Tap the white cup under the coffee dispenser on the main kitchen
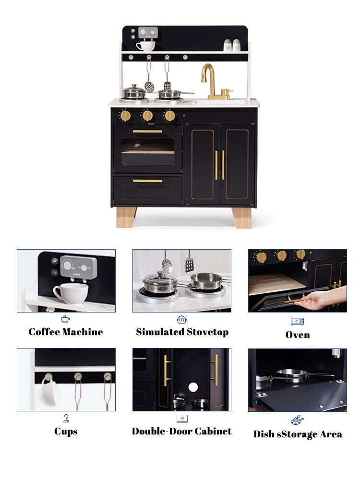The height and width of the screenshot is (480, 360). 146,46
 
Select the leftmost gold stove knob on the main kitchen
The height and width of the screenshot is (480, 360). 125,116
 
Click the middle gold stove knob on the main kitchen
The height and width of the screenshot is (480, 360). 147,116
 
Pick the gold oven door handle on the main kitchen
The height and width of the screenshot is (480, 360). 147,132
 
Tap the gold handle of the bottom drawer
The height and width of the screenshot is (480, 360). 147,181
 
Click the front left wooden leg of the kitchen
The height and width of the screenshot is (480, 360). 126,217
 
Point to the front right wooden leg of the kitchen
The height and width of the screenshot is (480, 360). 241,217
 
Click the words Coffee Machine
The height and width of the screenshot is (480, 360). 66,332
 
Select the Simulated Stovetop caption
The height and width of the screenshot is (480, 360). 182,332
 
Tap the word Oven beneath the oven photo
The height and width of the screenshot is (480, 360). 298,335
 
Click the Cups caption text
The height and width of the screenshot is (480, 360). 66,432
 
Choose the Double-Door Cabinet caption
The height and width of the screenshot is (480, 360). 182,431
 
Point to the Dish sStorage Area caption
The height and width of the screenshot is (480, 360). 298,434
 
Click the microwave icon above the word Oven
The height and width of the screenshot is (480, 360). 297,321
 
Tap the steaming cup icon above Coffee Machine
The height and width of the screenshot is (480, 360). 65,319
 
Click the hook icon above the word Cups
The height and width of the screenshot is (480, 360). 66,418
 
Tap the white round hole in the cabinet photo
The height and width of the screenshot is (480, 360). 193,387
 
